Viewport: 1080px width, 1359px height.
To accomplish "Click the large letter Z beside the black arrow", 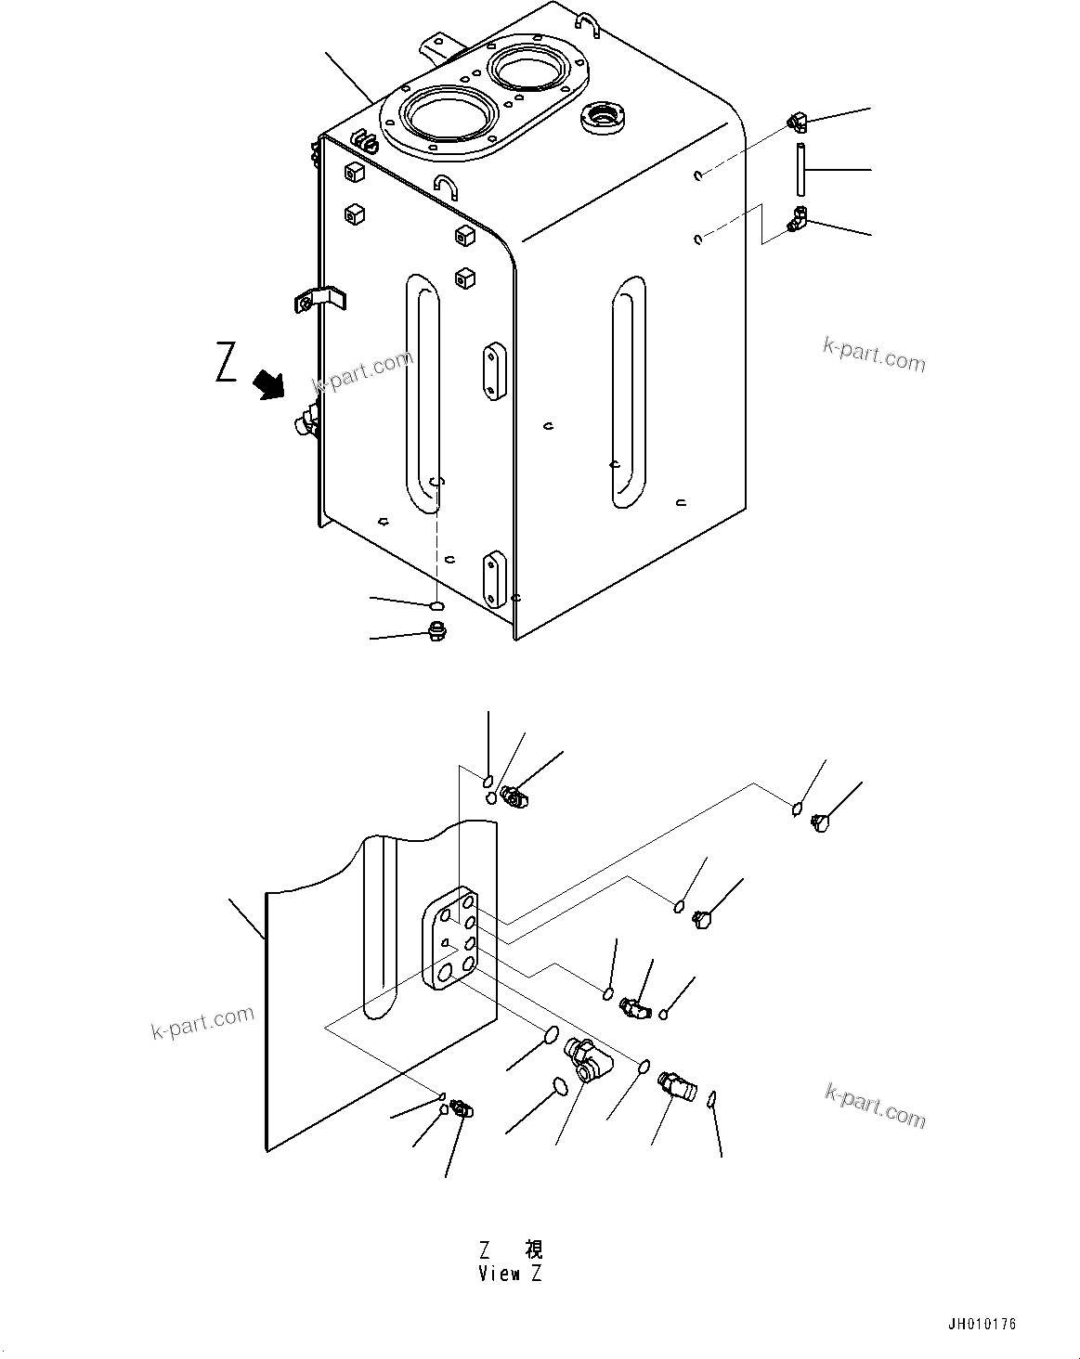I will (226, 363).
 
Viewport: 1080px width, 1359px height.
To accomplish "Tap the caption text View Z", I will (510, 1274).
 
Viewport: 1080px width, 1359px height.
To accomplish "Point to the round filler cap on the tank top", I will (603, 117).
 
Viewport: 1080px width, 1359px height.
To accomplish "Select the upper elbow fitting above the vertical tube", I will (796, 121).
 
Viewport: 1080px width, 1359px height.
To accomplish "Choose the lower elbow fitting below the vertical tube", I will (796, 221).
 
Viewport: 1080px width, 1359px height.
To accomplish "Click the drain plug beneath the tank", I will (436, 633).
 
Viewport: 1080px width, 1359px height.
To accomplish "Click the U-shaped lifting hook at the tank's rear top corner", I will (591, 24).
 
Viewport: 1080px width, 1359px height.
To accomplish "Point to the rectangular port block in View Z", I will (449, 940).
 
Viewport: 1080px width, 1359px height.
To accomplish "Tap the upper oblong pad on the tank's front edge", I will (491, 372).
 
